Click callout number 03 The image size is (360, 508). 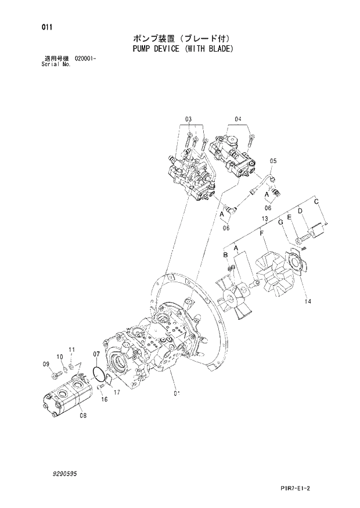tap(188, 120)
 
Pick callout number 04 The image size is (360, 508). tap(237, 120)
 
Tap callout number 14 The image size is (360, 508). tap(307, 301)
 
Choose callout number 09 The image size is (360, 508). tap(46, 364)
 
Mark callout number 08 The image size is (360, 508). tap(82, 415)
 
